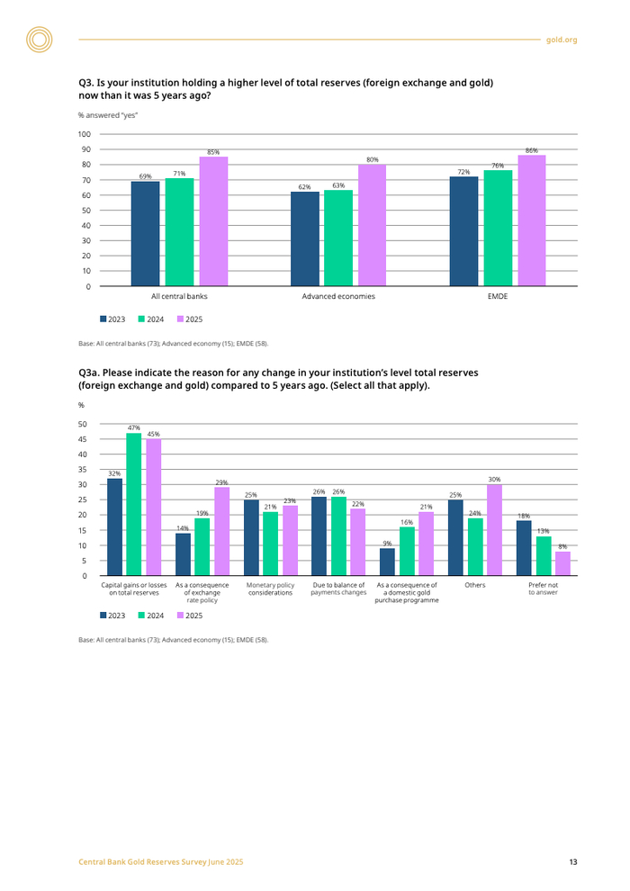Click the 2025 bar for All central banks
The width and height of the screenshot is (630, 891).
[213, 221]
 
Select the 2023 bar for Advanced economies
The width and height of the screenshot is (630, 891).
[305, 238]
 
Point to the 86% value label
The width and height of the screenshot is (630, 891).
[531, 150]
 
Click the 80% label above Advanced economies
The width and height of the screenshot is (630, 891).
[372, 159]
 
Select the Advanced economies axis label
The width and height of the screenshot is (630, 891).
[338, 296]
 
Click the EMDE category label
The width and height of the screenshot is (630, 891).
[498, 296]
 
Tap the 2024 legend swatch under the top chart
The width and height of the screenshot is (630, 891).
[142, 319]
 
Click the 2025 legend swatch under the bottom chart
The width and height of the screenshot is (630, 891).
[180, 615]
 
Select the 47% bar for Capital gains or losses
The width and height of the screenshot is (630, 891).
[134, 504]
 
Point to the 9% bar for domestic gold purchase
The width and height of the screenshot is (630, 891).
[387, 562]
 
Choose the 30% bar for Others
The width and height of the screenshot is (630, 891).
[494, 530]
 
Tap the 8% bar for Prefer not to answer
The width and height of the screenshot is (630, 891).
[562, 563]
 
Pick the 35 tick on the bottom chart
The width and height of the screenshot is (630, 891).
[83, 470]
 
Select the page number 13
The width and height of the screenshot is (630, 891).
[572, 862]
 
